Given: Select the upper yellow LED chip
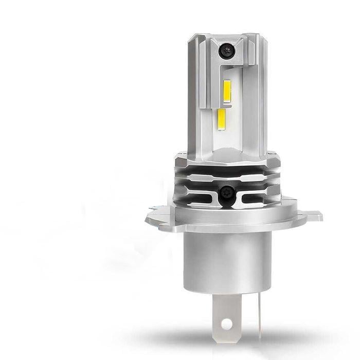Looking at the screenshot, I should click(227, 91).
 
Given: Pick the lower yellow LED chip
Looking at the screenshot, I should click(222, 119).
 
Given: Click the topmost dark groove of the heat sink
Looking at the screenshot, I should click(226, 167).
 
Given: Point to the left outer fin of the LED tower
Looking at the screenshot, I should click(193, 93).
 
